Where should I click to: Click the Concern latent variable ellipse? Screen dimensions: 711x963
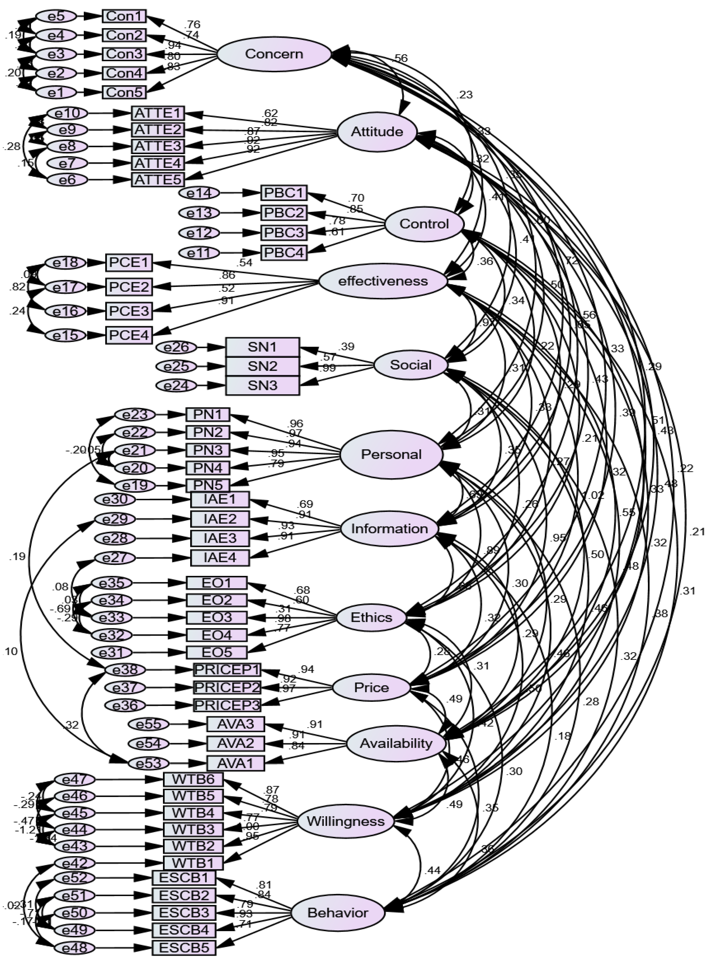(274, 54)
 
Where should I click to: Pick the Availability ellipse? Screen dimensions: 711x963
(396, 743)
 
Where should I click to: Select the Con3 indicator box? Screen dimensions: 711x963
(124, 54)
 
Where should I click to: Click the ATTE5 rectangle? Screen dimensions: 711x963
(158, 179)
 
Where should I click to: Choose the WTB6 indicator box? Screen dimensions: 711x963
(193, 779)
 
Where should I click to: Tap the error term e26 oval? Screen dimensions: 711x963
(176, 347)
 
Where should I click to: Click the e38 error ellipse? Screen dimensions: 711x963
(125, 670)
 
